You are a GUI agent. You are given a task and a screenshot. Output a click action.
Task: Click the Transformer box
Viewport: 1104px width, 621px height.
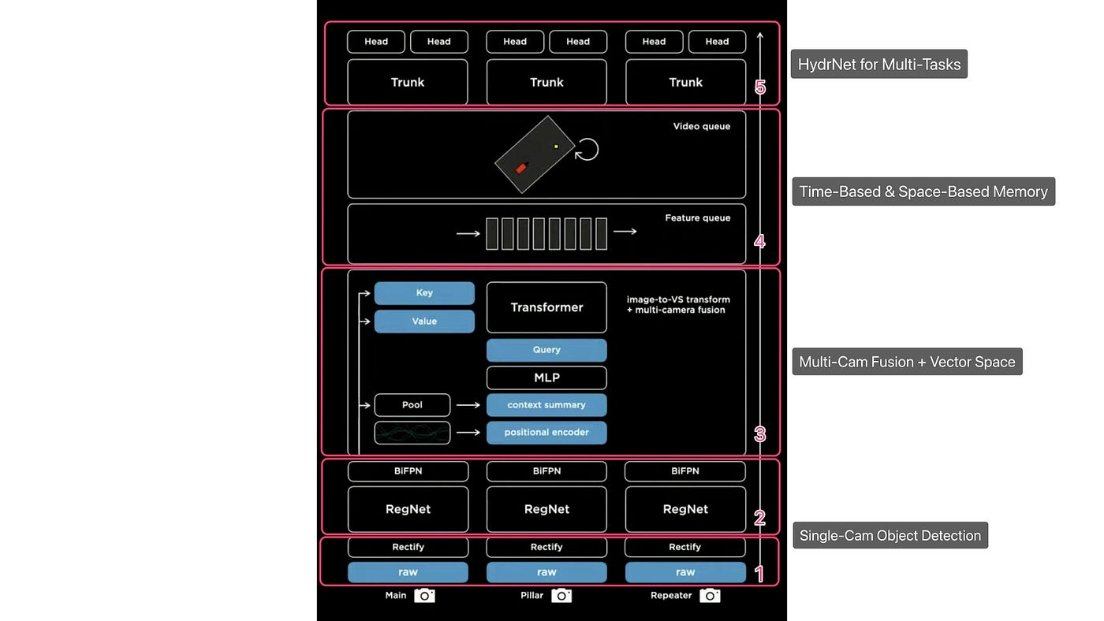(x=546, y=307)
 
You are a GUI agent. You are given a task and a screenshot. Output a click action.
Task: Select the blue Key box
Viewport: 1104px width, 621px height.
(x=424, y=293)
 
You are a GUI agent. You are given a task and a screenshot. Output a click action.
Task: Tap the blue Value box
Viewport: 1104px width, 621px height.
(x=424, y=322)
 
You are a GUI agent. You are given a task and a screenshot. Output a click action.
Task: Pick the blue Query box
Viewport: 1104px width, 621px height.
(x=546, y=350)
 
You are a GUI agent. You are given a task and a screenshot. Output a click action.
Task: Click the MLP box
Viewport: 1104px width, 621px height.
(x=546, y=377)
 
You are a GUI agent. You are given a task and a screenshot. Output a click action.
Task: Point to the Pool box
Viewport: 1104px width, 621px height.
(x=412, y=405)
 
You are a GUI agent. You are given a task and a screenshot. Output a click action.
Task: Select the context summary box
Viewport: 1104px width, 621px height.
(x=546, y=405)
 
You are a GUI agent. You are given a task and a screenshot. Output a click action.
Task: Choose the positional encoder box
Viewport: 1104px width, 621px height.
(x=546, y=433)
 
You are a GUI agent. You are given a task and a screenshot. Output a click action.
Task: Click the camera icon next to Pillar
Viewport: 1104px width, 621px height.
(x=561, y=596)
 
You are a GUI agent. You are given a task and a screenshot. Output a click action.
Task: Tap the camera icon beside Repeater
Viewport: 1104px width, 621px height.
(x=710, y=596)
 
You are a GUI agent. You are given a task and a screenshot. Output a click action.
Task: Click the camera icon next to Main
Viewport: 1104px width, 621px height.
(x=424, y=596)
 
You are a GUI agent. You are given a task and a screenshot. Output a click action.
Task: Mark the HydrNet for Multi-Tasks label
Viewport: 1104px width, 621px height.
(x=879, y=65)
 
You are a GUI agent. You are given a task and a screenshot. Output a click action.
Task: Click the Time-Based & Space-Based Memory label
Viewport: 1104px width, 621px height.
(x=923, y=192)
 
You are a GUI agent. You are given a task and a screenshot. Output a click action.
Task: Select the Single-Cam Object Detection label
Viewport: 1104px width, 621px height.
(x=890, y=536)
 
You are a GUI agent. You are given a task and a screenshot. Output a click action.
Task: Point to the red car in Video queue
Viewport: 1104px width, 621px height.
(x=521, y=168)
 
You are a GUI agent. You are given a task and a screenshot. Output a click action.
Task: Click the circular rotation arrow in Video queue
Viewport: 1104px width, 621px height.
(x=587, y=149)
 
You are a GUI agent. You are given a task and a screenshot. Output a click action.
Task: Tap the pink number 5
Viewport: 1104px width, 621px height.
(x=760, y=87)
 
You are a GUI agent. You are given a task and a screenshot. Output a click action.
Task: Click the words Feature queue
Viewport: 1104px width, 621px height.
(x=698, y=218)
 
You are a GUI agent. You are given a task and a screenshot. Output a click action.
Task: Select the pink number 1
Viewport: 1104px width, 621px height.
(x=760, y=575)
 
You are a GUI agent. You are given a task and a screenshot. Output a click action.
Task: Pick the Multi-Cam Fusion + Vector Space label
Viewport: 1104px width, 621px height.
(x=907, y=362)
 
